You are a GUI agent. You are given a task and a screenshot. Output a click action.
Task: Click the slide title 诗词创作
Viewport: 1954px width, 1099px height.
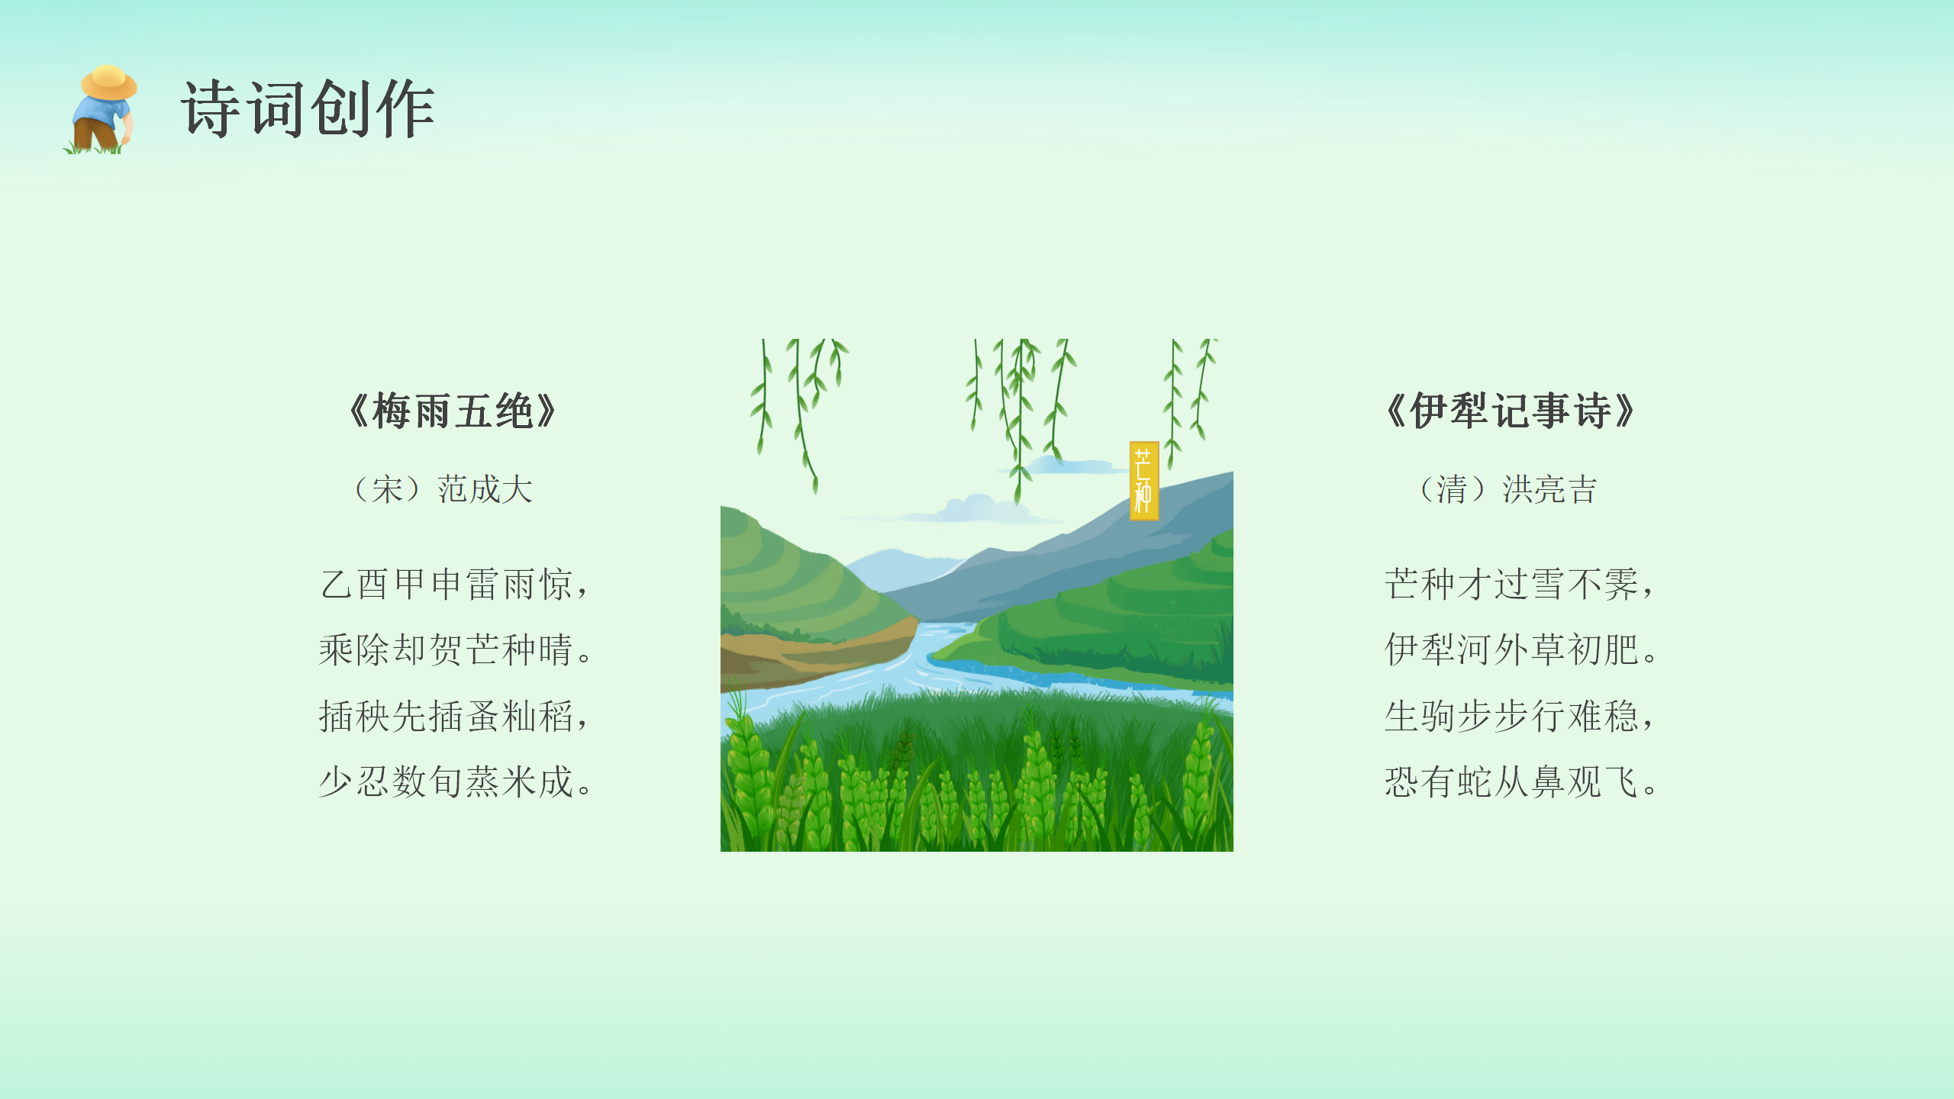click(308, 109)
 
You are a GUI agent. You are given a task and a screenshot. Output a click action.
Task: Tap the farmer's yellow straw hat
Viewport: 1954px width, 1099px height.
click(109, 82)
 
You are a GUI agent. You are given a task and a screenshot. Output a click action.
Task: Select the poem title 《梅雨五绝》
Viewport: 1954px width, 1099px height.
click(453, 411)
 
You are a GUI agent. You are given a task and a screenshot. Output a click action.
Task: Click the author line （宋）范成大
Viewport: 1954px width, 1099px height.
click(443, 489)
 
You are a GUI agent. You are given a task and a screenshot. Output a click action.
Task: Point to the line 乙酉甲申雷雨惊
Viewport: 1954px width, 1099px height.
click(455, 585)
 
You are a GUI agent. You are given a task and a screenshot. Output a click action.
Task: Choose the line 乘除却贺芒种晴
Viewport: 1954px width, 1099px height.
click(455, 650)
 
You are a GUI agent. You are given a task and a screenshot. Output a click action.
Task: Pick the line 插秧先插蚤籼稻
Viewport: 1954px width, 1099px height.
click(455, 717)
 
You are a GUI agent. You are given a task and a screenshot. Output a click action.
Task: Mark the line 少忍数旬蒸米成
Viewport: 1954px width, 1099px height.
click(455, 782)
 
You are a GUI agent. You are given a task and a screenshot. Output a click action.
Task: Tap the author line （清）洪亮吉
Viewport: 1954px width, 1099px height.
click(1508, 489)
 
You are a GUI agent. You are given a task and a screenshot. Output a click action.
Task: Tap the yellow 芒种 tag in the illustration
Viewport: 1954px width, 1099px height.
click(1144, 481)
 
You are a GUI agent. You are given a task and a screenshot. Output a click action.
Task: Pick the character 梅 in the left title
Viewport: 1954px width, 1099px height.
click(392, 411)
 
